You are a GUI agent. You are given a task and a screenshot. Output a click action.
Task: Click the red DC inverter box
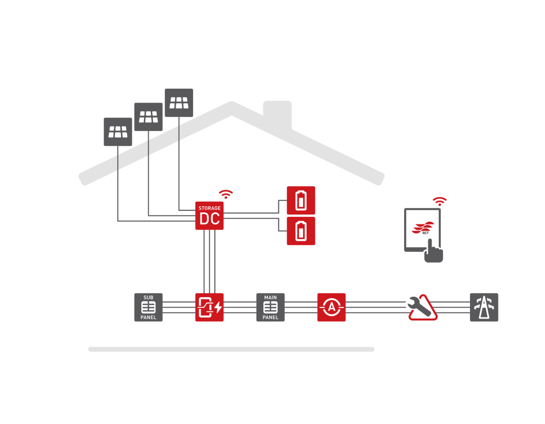(x=209, y=216)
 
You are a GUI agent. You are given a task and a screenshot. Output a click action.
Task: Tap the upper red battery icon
(x=301, y=200)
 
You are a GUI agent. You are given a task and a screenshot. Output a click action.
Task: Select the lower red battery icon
(x=301, y=231)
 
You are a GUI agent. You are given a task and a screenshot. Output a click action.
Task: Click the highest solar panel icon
(x=178, y=103)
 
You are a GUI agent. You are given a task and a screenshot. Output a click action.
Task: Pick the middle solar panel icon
(x=148, y=117)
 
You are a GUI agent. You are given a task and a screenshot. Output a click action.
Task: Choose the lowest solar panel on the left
(x=118, y=132)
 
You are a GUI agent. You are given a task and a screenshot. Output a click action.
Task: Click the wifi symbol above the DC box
(x=226, y=194)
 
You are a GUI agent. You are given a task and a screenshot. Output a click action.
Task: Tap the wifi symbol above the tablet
(x=439, y=201)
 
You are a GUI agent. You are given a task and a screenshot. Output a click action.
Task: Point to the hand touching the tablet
(x=433, y=253)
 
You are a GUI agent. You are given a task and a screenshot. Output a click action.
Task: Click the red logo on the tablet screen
(x=423, y=228)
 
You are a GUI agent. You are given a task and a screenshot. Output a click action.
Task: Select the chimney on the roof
(x=277, y=114)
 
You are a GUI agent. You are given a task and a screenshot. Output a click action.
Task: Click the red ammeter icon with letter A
(x=331, y=307)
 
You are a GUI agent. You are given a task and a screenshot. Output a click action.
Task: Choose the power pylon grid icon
(x=484, y=307)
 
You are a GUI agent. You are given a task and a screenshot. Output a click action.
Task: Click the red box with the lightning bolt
(x=209, y=307)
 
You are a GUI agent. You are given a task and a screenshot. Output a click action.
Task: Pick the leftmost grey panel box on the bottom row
(x=148, y=307)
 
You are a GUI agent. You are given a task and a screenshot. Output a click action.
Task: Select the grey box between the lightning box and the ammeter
(x=270, y=307)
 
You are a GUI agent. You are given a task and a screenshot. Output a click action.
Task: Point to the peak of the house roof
(x=232, y=107)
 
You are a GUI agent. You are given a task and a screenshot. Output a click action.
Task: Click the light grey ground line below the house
(x=231, y=349)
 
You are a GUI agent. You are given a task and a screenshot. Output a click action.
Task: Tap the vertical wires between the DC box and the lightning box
(x=209, y=261)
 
